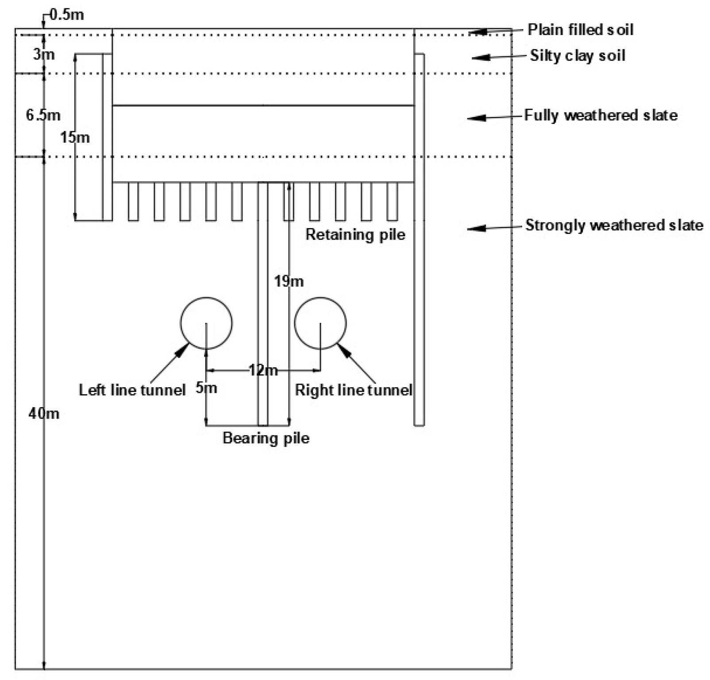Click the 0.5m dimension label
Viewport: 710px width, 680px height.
pos(66,15)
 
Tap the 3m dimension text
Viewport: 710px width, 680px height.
pos(44,54)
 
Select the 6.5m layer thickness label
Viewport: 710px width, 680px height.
pos(43,115)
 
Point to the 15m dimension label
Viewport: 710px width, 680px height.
pos(74,137)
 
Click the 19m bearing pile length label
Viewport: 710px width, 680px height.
pos(289,281)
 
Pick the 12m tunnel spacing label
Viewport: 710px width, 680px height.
pos(263,370)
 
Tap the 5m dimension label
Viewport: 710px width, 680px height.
pos(206,388)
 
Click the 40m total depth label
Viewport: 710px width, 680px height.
pos(43,413)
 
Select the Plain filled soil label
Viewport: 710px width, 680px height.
pos(580,30)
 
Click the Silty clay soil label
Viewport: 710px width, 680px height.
pos(578,56)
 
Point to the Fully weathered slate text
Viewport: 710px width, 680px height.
pos(601,115)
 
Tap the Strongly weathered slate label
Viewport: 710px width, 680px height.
pos(614,225)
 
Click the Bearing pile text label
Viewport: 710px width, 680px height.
pos(266,438)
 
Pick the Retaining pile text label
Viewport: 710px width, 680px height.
pos(355,234)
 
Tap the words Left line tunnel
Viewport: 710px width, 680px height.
pos(131,390)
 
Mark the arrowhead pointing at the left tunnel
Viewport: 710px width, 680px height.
pos(182,350)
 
